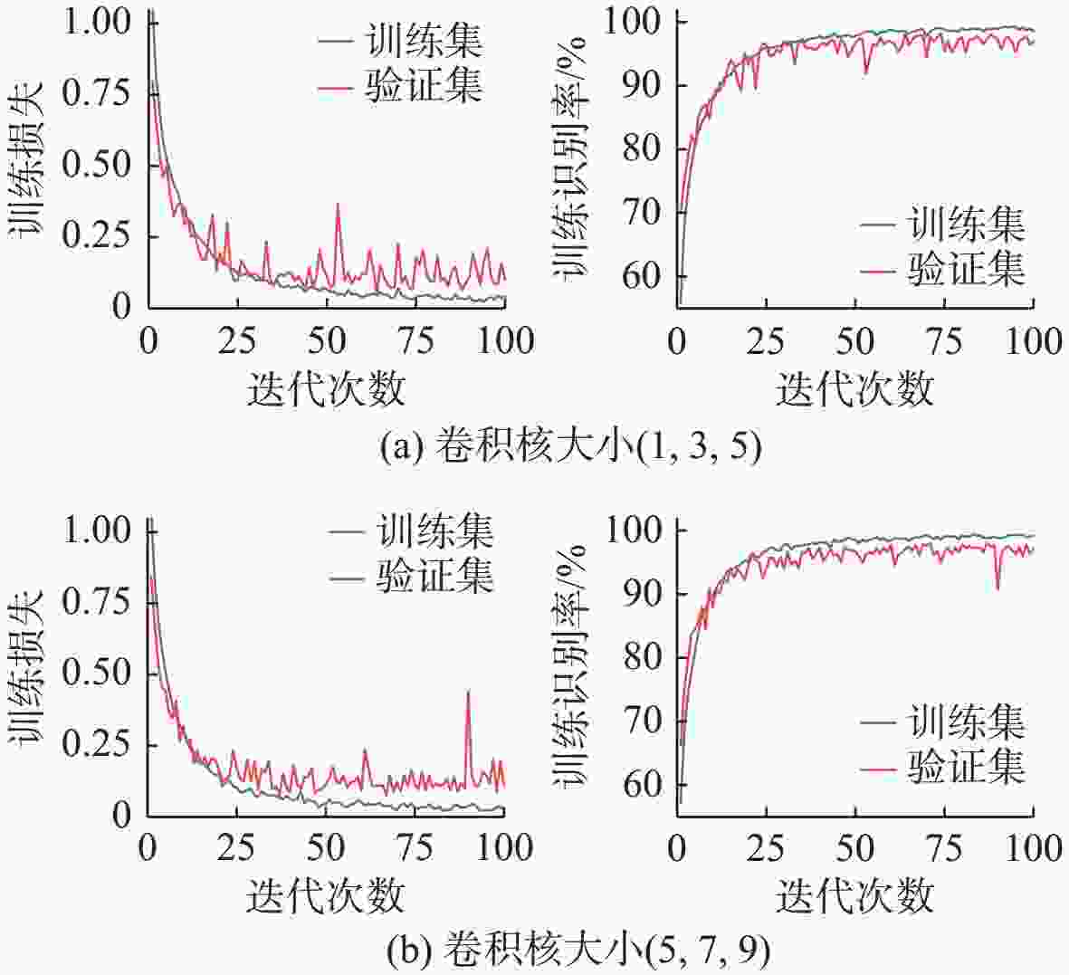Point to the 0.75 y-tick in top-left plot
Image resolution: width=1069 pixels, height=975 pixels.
99,92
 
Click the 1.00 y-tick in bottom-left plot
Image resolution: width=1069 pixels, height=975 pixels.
99,531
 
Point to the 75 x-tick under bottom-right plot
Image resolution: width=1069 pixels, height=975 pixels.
944,849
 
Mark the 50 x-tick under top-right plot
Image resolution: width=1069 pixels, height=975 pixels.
855,341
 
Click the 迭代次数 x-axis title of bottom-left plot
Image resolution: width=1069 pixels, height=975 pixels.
325,895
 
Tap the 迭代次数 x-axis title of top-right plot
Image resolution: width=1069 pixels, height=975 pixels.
854,389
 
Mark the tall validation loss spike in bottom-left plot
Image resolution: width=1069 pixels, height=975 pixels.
468,693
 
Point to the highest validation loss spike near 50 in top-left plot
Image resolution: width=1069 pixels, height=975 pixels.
338,206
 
